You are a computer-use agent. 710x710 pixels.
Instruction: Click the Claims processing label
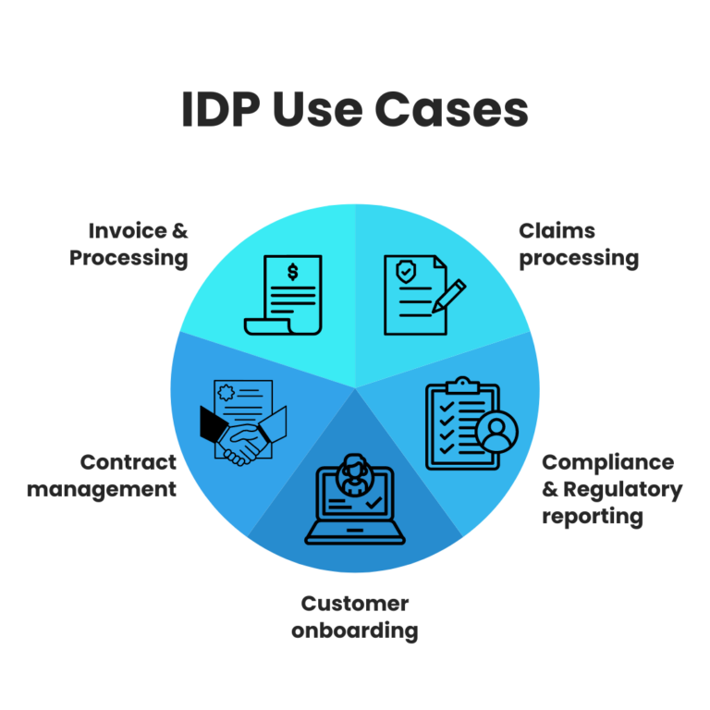578,244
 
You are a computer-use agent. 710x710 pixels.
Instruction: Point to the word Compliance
607,461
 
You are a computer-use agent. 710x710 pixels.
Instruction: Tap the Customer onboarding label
355,618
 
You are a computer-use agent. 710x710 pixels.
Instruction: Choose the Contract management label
102,475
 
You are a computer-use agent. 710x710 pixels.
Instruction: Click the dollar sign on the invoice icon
293,272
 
